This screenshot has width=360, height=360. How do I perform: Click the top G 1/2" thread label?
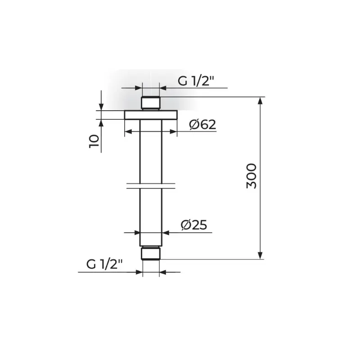click(196, 81)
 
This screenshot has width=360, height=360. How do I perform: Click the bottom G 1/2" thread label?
click(104, 264)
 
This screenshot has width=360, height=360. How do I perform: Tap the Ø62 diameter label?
click(202, 125)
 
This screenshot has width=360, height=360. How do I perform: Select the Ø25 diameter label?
click(194, 225)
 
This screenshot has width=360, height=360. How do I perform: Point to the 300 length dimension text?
click(251, 176)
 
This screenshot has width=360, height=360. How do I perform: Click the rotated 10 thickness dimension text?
click(94, 141)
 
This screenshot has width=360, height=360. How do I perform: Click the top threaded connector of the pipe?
click(151, 103)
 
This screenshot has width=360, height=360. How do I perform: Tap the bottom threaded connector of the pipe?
click(151, 253)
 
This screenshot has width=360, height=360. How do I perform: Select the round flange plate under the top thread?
click(151, 115)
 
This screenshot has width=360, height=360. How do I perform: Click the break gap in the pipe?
click(151, 186)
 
